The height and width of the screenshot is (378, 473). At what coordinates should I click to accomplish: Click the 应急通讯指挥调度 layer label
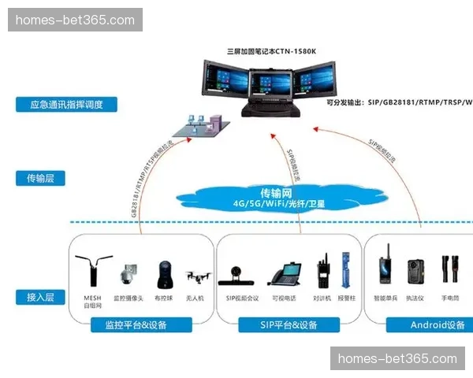[66, 104]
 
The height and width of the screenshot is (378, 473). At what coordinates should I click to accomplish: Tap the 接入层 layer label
[39, 297]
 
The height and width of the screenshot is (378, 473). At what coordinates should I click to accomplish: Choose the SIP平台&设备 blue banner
[289, 324]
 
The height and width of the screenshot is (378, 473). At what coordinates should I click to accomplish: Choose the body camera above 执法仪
[415, 272]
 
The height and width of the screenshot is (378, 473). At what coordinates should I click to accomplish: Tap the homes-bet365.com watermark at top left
[75, 20]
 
